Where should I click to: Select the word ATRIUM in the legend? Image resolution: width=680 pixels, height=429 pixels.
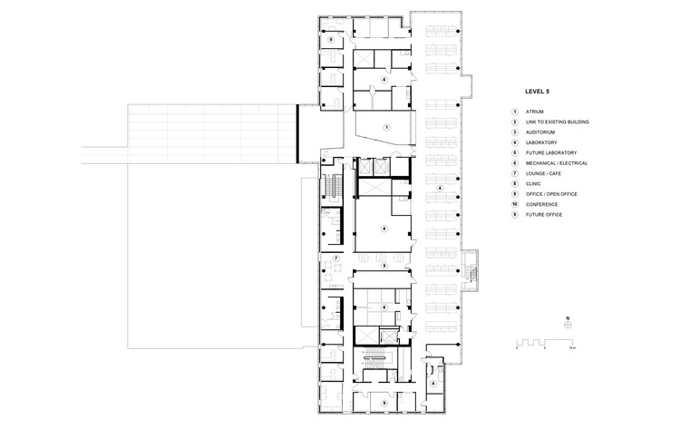536,112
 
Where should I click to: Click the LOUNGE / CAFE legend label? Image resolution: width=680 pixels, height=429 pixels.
544,173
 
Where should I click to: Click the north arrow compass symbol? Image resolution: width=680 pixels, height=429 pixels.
567,326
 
